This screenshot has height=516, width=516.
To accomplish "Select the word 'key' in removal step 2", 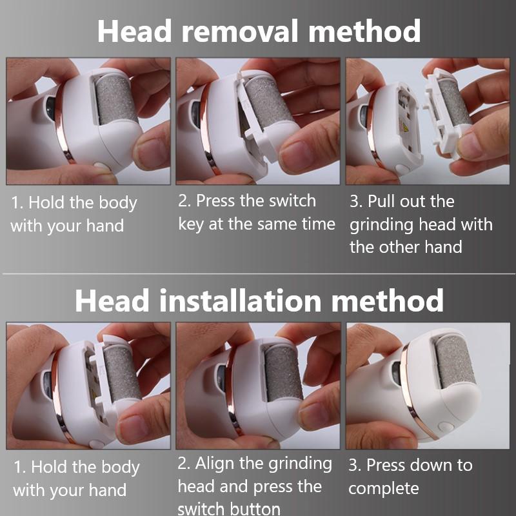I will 192,224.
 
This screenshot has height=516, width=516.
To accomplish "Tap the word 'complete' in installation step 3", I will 384,488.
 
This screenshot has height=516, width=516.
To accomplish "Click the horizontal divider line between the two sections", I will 258,274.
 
